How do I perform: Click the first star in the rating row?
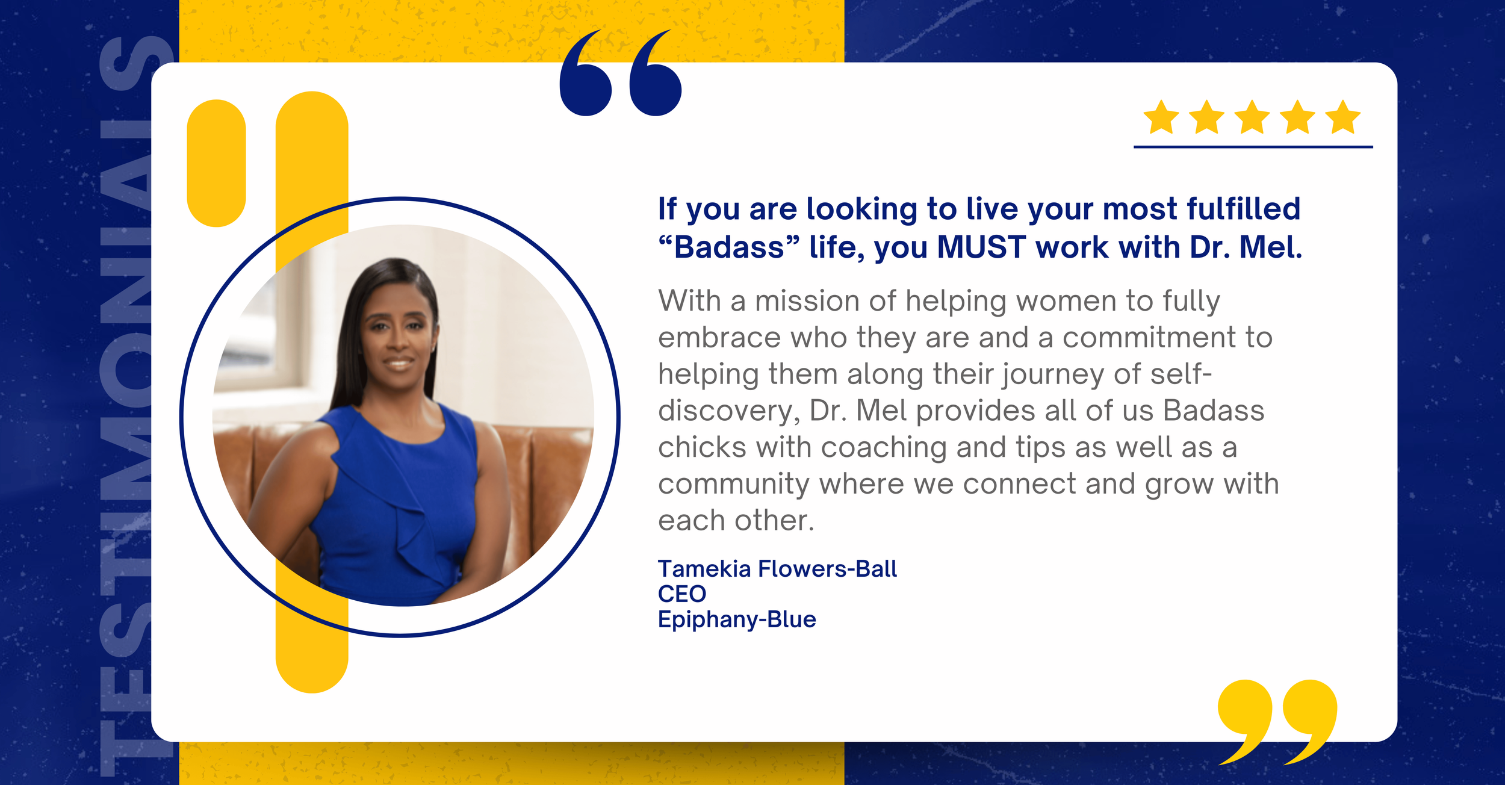point(1161,118)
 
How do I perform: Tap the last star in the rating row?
point(1343,118)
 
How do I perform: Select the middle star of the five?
point(1252,118)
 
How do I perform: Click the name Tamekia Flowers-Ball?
point(777,569)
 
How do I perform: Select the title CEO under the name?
point(682,594)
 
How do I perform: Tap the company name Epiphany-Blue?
point(737,619)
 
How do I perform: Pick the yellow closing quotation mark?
point(1276,719)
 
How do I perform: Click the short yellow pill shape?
point(216,163)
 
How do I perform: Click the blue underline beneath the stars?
point(1253,146)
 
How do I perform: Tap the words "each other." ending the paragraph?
point(736,521)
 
